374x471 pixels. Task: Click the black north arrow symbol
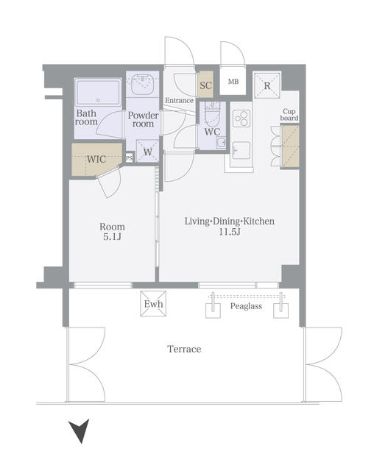click(x=80, y=430)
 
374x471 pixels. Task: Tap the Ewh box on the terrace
click(x=153, y=303)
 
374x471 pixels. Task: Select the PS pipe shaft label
click(x=129, y=157)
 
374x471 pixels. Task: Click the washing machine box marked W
click(x=147, y=152)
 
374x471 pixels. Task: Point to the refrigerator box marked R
click(x=267, y=85)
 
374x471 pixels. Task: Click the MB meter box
click(x=233, y=81)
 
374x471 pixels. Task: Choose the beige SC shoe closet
click(x=206, y=85)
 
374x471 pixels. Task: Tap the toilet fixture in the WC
click(x=212, y=115)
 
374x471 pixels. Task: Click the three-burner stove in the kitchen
click(x=241, y=118)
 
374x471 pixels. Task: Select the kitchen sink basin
click(x=241, y=150)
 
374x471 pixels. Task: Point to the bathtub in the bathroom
click(x=98, y=92)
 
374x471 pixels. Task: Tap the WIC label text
click(x=96, y=159)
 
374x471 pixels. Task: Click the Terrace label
click(x=184, y=349)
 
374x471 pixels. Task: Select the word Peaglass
click(x=246, y=306)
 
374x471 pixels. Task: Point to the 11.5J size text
click(x=229, y=232)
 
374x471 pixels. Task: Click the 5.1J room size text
click(x=112, y=237)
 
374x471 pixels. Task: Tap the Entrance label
click(x=179, y=100)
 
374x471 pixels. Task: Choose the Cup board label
click(x=289, y=115)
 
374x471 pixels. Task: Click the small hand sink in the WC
click(x=222, y=141)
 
